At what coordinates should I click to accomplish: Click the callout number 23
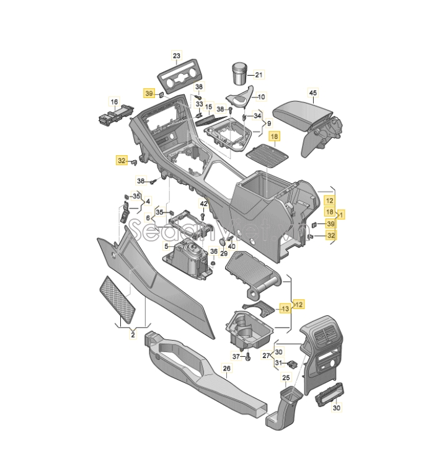point(177,55)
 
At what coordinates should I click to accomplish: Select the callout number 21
point(259,74)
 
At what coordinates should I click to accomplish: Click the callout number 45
point(313,93)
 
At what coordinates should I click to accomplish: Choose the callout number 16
point(115,102)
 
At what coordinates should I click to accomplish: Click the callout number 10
point(261,97)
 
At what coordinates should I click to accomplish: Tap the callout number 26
point(227,369)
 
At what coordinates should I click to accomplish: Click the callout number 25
point(286,377)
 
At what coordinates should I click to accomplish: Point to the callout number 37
point(236,356)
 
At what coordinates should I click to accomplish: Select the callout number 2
point(133,335)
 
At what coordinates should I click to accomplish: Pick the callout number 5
point(166,246)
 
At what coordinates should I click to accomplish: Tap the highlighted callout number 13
point(285,308)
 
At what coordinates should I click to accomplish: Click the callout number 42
point(203,204)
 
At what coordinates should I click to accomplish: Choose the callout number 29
point(224,254)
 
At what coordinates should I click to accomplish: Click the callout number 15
point(208,107)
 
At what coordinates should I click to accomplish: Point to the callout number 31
point(279,363)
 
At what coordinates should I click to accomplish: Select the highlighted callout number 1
point(342,215)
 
